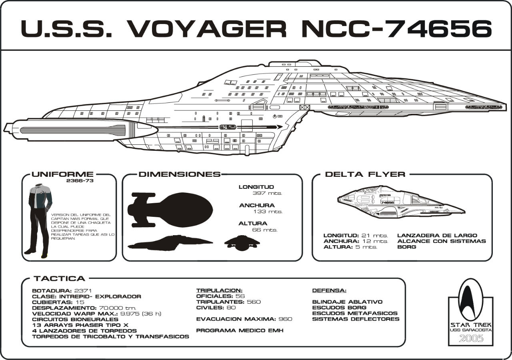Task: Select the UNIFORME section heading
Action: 62,174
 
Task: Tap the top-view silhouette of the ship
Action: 170,209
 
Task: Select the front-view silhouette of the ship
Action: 242,242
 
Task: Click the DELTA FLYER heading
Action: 365,174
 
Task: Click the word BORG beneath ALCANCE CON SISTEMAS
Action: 406,247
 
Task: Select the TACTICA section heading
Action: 59,279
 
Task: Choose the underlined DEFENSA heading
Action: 329,290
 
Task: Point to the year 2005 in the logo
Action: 471,338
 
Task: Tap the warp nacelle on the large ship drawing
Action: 80,129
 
